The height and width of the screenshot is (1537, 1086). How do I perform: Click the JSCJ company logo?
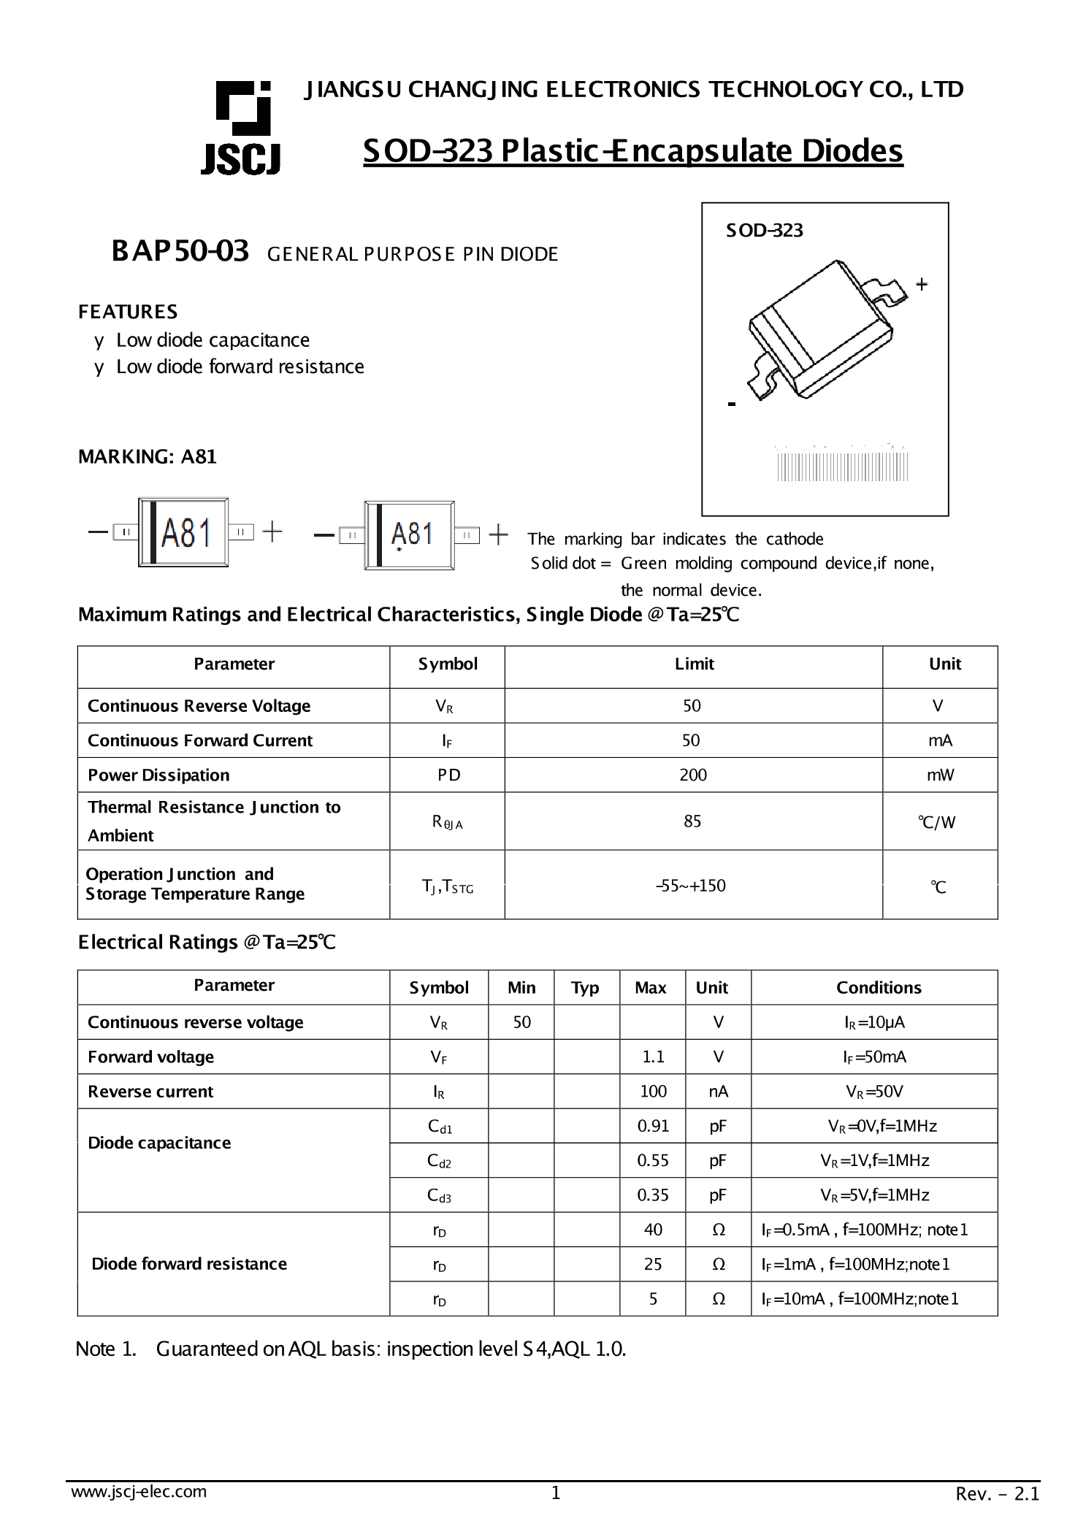240,128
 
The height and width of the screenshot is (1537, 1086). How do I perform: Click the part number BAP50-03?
180,251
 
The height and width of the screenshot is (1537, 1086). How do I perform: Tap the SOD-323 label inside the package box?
763,231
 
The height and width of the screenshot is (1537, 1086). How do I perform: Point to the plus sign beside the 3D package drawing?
922,284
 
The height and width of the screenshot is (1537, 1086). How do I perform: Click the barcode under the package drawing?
842,466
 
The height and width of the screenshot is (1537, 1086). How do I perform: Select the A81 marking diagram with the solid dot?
409,535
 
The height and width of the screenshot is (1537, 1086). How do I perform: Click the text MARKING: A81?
148,457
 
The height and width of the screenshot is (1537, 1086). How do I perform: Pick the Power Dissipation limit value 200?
692,775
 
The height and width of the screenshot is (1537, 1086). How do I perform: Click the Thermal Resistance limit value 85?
692,821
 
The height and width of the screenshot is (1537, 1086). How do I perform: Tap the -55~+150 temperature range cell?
690,886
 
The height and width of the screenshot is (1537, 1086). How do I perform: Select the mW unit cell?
940,775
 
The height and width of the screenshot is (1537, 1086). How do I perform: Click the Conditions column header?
878,988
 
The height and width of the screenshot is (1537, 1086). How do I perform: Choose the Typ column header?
585,988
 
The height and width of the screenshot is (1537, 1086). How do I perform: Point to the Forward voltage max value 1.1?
653,1057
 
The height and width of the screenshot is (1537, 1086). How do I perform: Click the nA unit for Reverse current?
718,1092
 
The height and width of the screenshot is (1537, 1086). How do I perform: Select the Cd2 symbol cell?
439,1161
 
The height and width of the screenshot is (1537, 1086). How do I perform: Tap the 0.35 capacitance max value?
652,1195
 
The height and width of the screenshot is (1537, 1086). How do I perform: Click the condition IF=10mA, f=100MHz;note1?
859,1299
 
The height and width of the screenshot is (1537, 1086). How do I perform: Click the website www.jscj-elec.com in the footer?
139,1492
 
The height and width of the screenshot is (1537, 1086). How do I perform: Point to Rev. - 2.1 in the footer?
997,1494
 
